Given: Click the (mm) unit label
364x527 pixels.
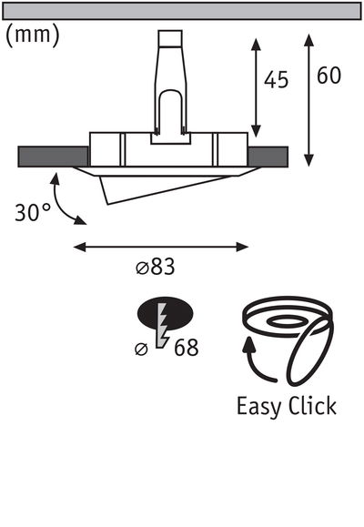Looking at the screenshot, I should point(34,35).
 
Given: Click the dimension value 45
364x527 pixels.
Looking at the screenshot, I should point(276,80).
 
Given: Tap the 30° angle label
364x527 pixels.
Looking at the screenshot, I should point(33,213).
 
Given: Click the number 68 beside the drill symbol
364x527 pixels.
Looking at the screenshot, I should point(184,347).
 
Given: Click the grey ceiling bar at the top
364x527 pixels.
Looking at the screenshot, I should point(182,11).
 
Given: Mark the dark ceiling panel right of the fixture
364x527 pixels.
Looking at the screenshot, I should point(268,156).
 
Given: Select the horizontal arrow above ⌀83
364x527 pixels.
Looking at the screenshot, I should point(160,245).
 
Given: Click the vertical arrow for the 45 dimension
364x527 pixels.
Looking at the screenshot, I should point(256,89).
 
